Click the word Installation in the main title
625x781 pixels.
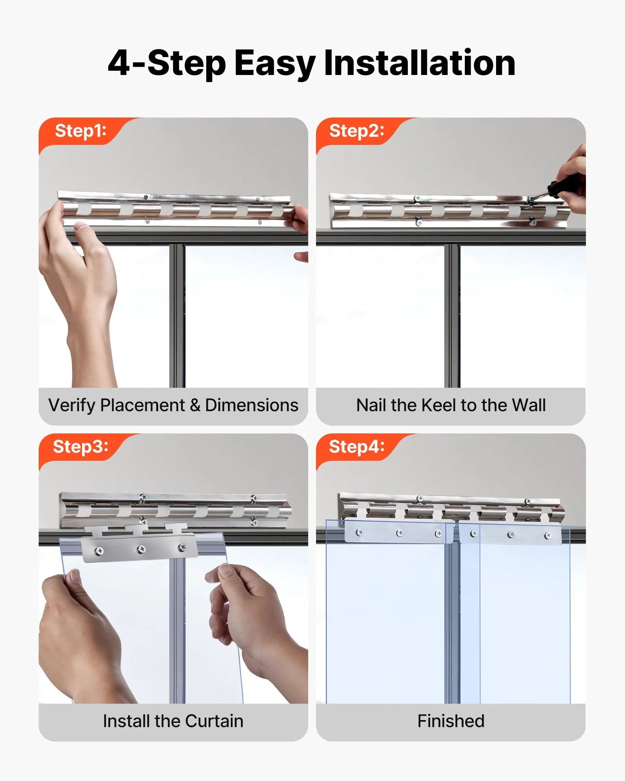coord(420,63)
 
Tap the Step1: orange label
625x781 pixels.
coord(80,131)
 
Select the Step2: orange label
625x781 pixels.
coord(357,131)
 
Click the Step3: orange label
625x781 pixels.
coord(80,446)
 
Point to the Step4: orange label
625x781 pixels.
coord(357,446)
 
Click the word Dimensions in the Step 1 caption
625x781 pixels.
coord(252,405)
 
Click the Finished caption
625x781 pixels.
coord(451,721)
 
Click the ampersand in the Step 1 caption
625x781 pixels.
coord(195,405)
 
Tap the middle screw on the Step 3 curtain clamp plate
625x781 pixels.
coord(141,549)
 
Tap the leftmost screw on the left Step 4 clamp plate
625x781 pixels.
coord(360,532)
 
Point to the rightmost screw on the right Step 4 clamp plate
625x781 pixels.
coord(548,535)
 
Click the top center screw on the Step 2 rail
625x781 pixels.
coord(417,199)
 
